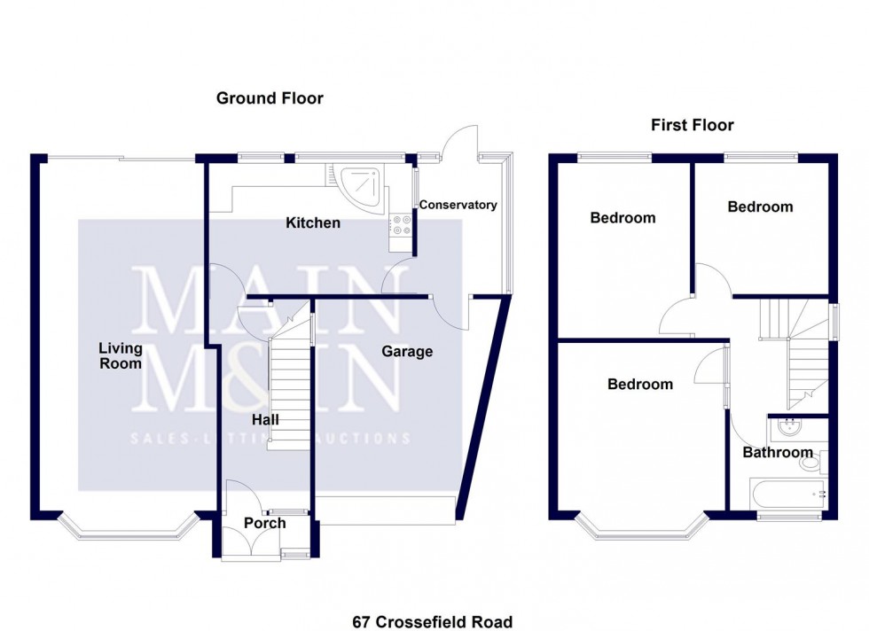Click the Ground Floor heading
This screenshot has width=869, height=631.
coord(270,98)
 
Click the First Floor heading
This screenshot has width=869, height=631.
coord(692,125)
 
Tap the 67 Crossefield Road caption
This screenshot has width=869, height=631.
coord(432,622)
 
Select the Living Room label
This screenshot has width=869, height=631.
coord(120,355)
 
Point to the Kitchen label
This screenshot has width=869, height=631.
coord(312,223)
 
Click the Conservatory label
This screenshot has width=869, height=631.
coord(458,205)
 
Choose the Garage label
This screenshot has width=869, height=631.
coord(407,352)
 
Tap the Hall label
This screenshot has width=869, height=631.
coord(265,419)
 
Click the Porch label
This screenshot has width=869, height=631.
coord(264,523)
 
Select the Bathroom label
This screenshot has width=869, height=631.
coord(777,453)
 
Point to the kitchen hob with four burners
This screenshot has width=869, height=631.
coord(400,226)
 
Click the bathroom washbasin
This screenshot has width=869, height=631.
coord(787,430)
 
